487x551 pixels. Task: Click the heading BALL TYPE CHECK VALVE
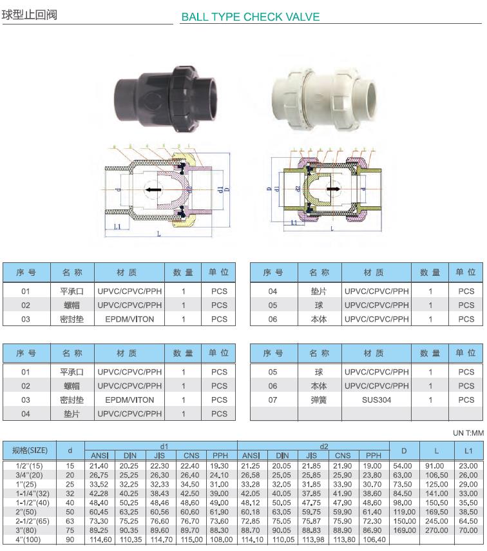coord(250,17)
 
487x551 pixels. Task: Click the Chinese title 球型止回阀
coord(30,14)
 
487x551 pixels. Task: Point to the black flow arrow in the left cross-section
coord(152,190)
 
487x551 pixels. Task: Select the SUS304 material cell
coord(376,400)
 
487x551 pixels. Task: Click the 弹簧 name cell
coord(319,400)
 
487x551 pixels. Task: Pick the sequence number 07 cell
coord(272,400)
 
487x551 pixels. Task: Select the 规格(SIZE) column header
coord(30,450)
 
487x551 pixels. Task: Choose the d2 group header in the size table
coord(313,446)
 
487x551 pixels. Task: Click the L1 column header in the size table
coord(468,450)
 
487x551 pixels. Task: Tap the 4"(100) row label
coord(30,539)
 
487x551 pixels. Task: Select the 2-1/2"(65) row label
coord(30,521)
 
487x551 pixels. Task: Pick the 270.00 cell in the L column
coord(436,530)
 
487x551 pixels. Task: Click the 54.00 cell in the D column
coord(403,465)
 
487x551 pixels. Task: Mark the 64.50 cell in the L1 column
coord(468,521)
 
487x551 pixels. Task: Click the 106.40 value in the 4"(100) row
coord(374,539)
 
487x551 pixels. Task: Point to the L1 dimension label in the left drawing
coord(117,227)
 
